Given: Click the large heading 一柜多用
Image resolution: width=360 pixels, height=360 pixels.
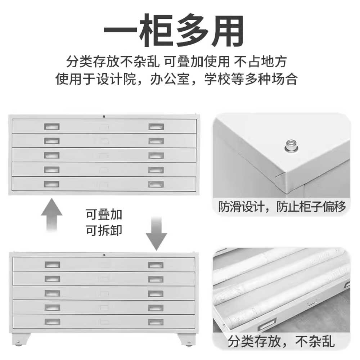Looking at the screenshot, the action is (x=174, y=30).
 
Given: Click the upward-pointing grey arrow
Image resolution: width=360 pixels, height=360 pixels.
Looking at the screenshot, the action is (x=51, y=215).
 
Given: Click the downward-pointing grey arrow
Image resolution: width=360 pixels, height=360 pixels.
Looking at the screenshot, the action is (x=156, y=234).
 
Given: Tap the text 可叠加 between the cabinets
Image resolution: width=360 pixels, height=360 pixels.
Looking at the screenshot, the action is (x=104, y=215).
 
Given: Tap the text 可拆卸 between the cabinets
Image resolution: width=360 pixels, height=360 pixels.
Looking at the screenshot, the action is (x=104, y=230).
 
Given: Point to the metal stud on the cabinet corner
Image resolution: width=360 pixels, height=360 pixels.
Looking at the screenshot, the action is (x=291, y=146).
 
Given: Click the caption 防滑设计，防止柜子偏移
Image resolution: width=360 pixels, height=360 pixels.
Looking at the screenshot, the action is (x=282, y=206).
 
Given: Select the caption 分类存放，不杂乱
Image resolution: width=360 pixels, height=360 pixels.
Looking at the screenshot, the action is (x=281, y=341).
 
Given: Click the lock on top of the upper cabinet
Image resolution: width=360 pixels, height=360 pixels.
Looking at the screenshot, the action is (x=104, y=117).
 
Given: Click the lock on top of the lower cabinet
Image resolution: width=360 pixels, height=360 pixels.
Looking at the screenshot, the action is (x=104, y=255).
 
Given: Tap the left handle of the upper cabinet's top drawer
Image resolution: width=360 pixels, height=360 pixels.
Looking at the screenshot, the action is (x=52, y=126).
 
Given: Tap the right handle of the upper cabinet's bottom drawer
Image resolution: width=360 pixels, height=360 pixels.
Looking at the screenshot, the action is (x=156, y=184).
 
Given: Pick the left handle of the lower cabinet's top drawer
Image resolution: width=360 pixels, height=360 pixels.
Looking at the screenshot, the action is (x=52, y=265).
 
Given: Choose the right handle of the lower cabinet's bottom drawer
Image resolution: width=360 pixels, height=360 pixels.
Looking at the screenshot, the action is (x=156, y=322).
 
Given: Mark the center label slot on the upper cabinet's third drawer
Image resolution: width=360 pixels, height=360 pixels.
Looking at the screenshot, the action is (x=104, y=156).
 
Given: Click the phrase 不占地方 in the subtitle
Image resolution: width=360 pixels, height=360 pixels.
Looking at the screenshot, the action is (x=261, y=62).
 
